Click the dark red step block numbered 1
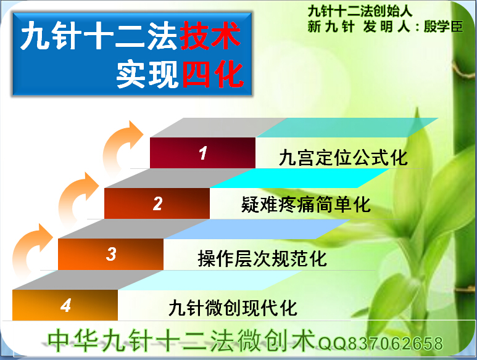pyautogui.click(x=202, y=153)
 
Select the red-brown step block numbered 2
pyautogui.click(x=157, y=203)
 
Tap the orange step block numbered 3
pyautogui.click(x=110, y=254)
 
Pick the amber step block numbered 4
pyautogui.click(x=65, y=305)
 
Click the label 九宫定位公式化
pyautogui.click(x=343, y=158)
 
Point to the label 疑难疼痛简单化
pyautogui.click(x=306, y=204)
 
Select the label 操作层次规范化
pyautogui.click(x=262, y=258)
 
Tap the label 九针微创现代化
pyautogui.click(x=233, y=308)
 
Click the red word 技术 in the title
pyautogui.click(x=210, y=35)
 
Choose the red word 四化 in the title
pyautogui.click(x=213, y=74)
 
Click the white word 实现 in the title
pyautogui.click(x=147, y=75)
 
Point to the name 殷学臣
pyautogui.click(x=444, y=27)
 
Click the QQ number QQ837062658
pyautogui.click(x=381, y=343)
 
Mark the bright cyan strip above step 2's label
pyautogui.click(x=300, y=178)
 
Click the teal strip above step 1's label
pyautogui.click(x=347, y=128)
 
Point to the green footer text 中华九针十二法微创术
pyautogui.click(x=181, y=340)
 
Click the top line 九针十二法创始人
pyautogui.click(x=360, y=12)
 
